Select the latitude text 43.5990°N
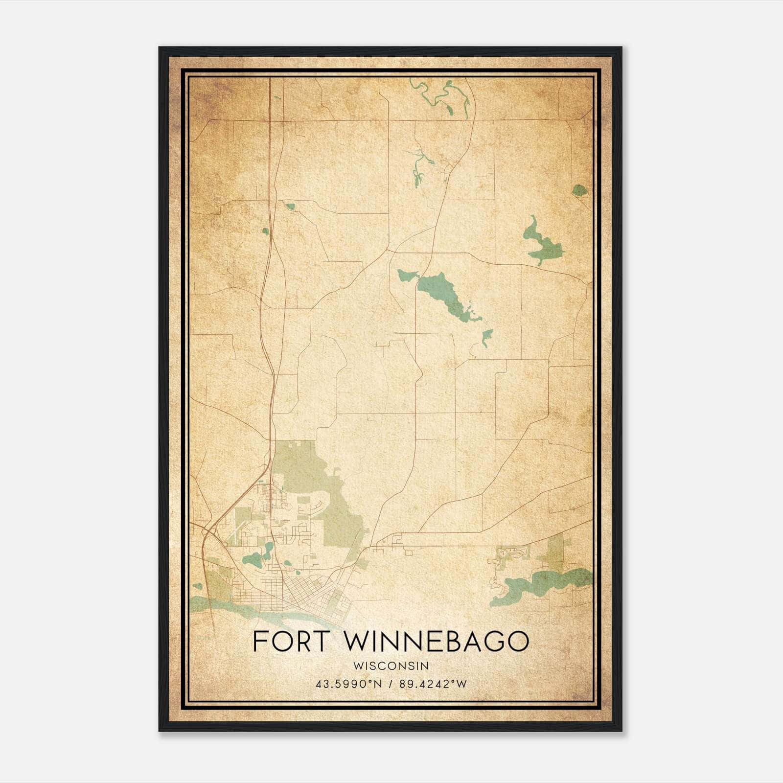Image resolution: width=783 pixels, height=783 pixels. coord(348,684)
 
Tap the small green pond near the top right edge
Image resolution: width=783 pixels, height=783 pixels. coord(579,190)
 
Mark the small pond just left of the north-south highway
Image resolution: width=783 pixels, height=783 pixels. coord(265,231)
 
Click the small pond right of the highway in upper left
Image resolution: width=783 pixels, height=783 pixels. coord(290,207)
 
